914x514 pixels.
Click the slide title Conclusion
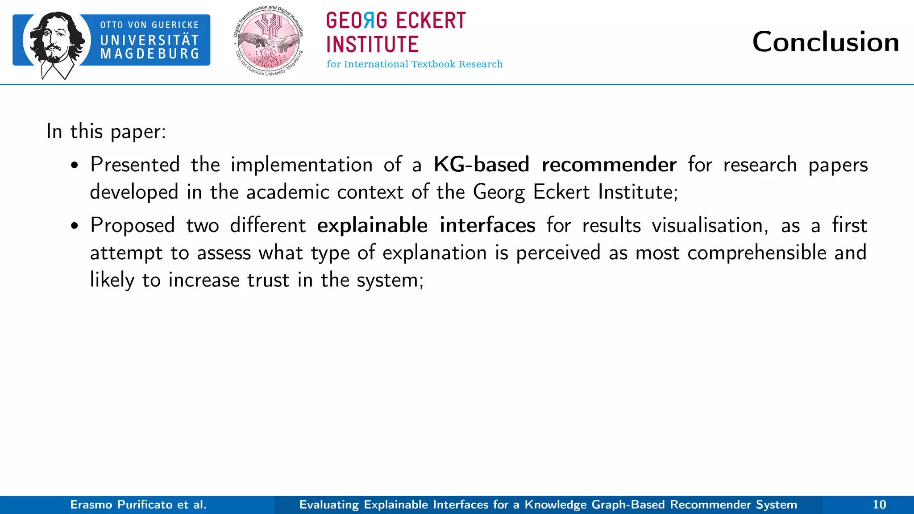(x=825, y=42)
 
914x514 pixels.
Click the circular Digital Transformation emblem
(x=268, y=41)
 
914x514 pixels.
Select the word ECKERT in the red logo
(x=430, y=21)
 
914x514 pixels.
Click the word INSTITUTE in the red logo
(x=372, y=45)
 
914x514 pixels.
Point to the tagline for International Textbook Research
(x=414, y=64)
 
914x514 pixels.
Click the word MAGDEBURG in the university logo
(x=150, y=54)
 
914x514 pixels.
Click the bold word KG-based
(x=481, y=165)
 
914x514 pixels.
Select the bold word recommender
(x=609, y=165)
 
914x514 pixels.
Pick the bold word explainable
(x=372, y=225)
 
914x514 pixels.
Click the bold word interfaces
(x=487, y=225)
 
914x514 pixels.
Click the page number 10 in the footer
(x=879, y=505)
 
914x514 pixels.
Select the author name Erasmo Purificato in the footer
(x=121, y=505)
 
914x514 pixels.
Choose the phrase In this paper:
(x=106, y=132)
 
